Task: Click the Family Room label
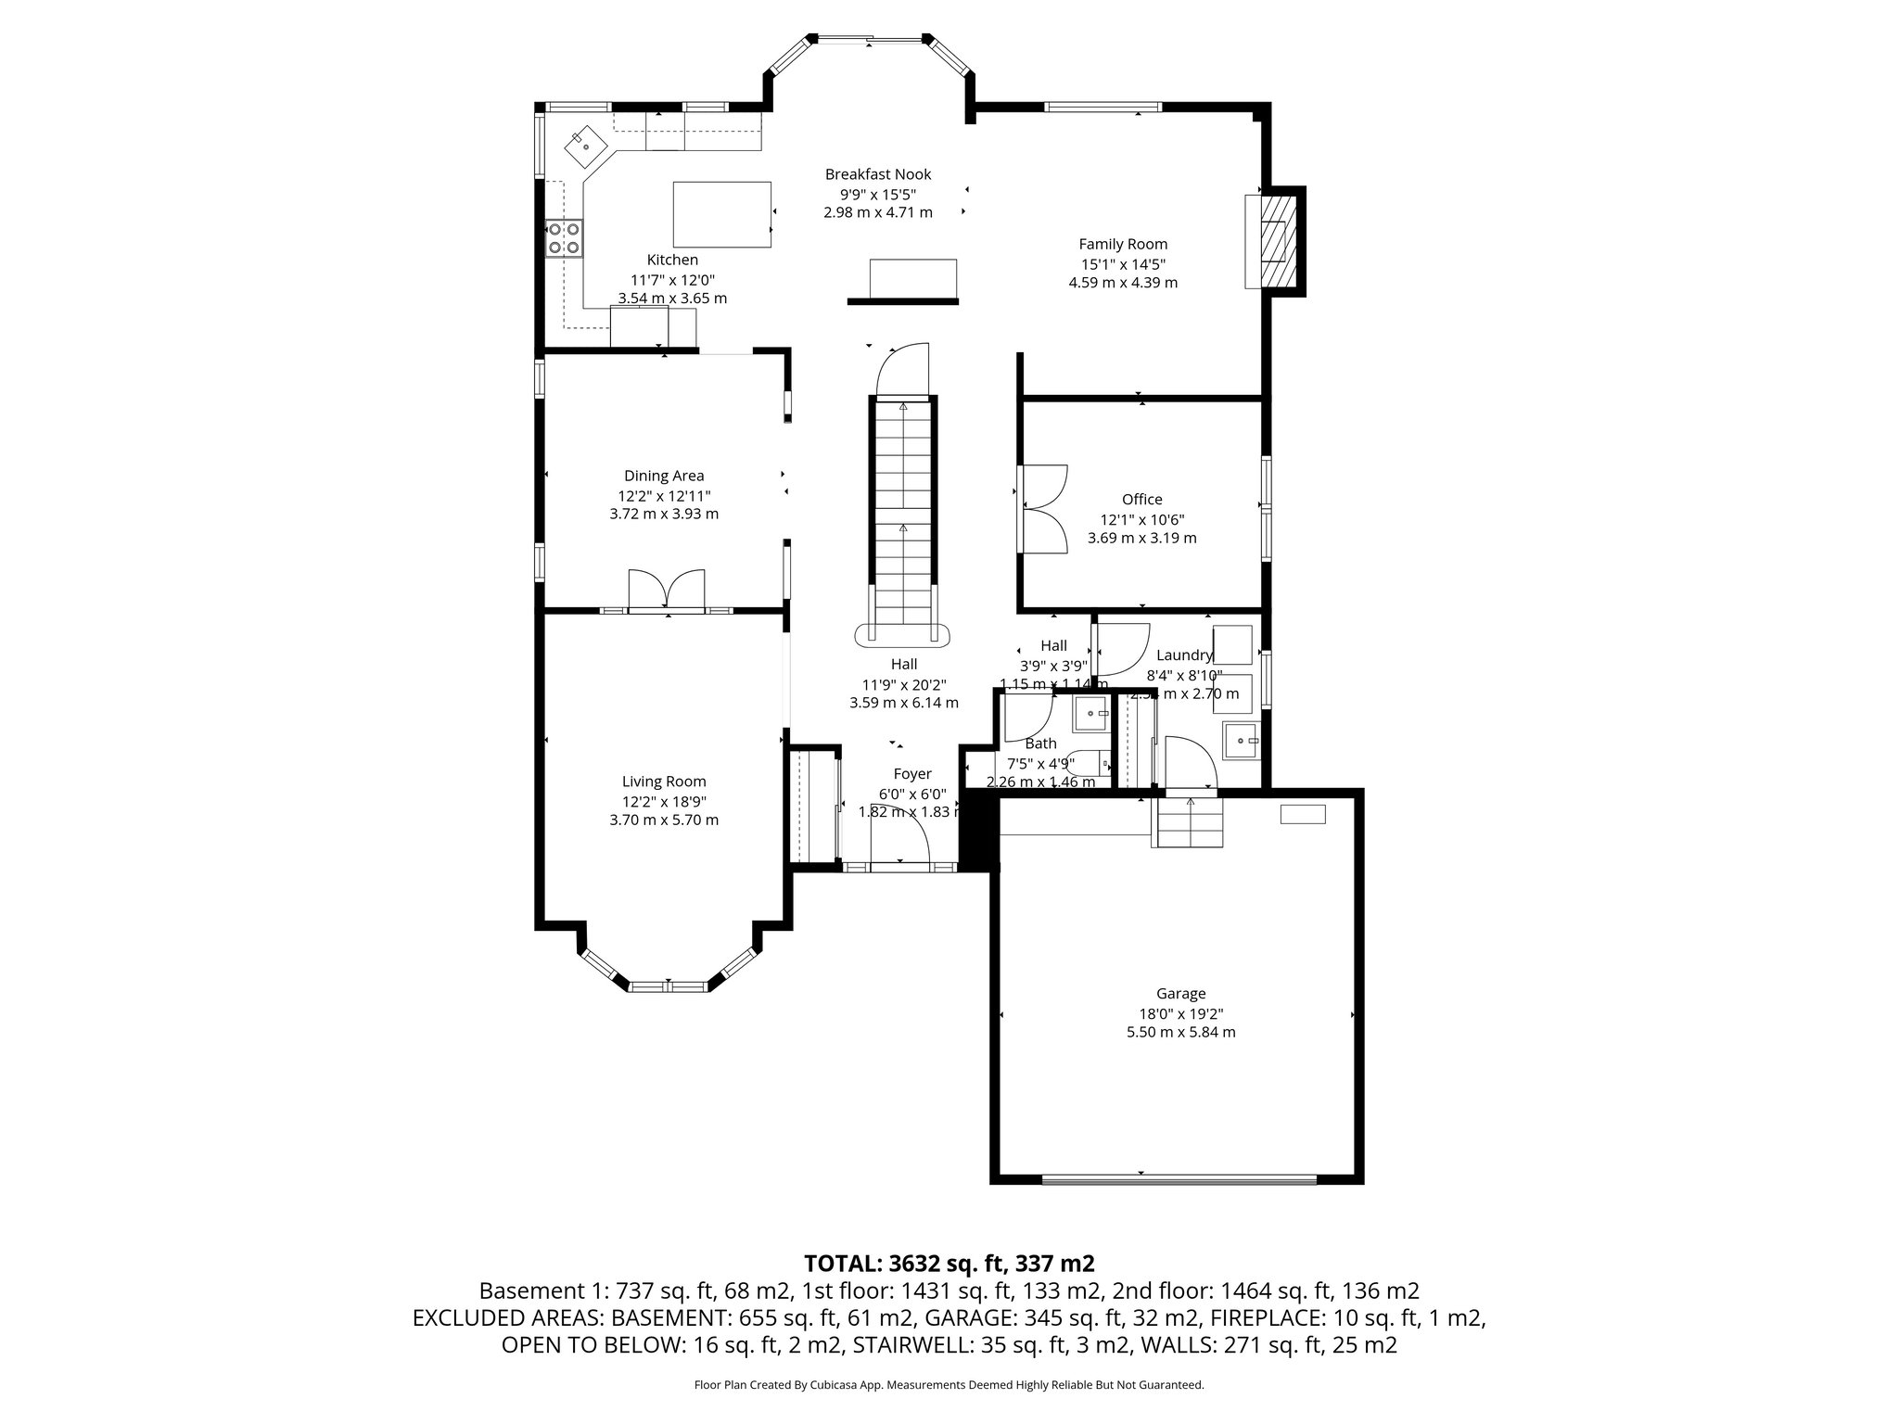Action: click(1122, 244)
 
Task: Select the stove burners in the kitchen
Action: click(564, 237)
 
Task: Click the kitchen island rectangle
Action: click(721, 214)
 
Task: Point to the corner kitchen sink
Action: click(585, 145)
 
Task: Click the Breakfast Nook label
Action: click(877, 174)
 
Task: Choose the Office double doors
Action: click(1044, 508)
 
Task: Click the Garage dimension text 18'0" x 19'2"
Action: click(1179, 1013)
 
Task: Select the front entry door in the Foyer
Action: click(900, 838)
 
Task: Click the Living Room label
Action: click(663, 782)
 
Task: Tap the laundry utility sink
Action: click(1242, 740)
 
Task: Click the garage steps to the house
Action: click(1190, 823)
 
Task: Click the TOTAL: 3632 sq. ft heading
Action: click(949, 1263)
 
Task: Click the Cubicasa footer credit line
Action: click(949, 1385)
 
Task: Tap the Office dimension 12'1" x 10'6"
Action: click(1141, 519)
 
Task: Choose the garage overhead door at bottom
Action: click(1179, 1180)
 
